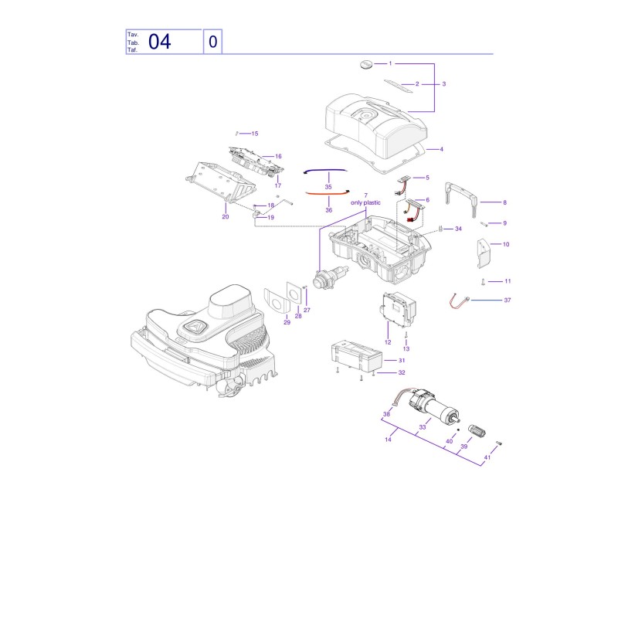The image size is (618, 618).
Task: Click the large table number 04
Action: pos(160,42)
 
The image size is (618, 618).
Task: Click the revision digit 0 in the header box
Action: pos(213,42)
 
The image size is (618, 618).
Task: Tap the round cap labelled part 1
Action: pos(366,64)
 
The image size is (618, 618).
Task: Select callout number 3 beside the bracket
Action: pos(443,84)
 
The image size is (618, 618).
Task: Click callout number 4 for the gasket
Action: pos(441,149)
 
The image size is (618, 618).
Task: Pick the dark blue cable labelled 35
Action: pos(325,170)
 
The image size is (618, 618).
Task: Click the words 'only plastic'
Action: pos(365,202)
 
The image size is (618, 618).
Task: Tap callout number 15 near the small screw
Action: pos(255,134)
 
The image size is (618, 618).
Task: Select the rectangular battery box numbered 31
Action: pos(357,357)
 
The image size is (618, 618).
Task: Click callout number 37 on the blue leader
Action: pos(508,301)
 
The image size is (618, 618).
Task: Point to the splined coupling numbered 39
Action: pos(477,431)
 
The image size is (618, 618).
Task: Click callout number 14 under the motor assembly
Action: pos(389,440)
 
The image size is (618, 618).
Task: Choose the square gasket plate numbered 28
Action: pos(294,293)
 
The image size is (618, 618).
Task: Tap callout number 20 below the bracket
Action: pos(226,217)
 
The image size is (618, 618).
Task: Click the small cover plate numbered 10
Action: pos(484,253)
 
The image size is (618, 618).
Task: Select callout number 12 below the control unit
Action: pos(388,342)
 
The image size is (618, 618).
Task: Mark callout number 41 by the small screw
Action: pos(487,457)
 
